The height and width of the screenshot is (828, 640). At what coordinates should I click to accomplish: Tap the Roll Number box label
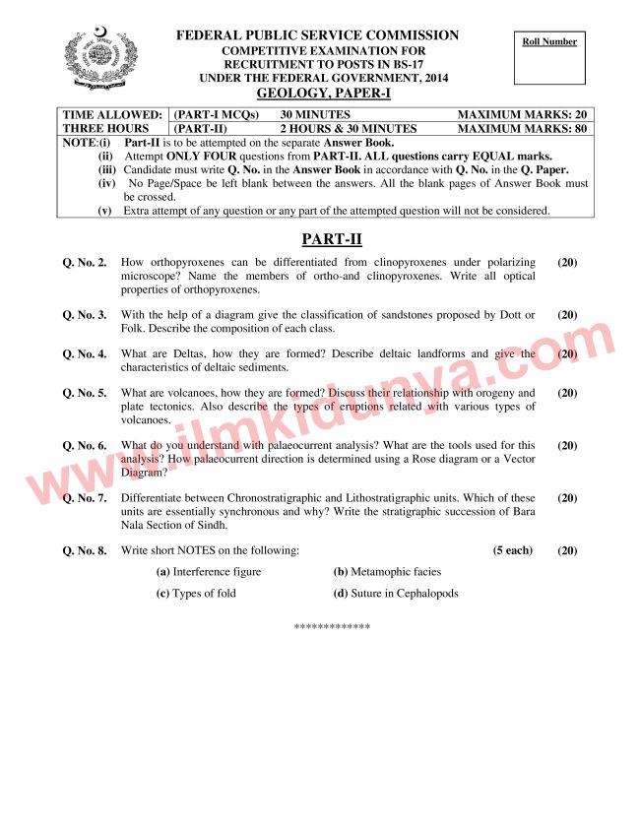coord(549,41)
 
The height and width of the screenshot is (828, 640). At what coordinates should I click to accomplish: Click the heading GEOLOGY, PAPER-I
coord(317,94)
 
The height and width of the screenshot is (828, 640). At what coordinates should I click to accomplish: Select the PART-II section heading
coord(319,238)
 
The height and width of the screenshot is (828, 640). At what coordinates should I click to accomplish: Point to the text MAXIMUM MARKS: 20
coord(523,115)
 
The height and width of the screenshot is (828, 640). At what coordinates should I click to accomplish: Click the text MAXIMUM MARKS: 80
coord(523,128)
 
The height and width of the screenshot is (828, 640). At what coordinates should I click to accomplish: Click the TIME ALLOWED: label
coord(112,115)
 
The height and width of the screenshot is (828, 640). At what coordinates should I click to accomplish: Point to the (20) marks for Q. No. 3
coord(567,315)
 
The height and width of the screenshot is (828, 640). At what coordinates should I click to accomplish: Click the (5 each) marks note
coord(512,550)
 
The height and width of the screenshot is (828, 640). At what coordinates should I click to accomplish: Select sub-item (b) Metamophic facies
coord(387,572)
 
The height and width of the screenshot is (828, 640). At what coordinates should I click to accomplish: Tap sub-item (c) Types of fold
coord(196,594)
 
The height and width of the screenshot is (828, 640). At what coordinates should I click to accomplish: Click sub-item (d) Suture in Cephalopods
coord(396,594)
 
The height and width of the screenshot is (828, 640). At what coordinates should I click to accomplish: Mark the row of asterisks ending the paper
coord(332,626)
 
